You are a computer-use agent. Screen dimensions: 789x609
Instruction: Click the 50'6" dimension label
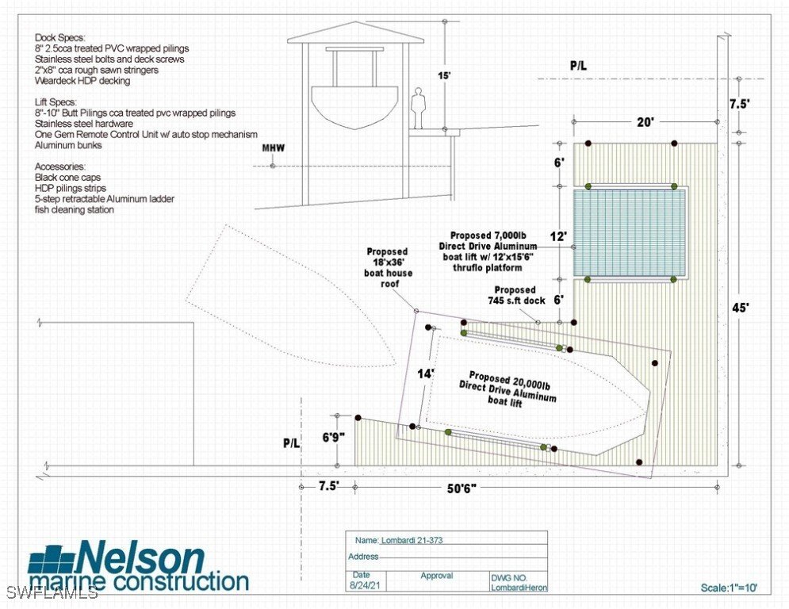pyautogui.click(x=462, y=488)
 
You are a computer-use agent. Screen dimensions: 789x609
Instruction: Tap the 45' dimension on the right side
pyautogui.click(x=740, y=308)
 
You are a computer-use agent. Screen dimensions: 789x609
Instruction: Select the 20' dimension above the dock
pyautogui.click(x=645, y=122)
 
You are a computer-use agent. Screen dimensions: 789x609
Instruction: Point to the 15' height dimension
pyautogui.click(x=444, y=76)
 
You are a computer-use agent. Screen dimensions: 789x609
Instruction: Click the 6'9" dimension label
pyautogui.click(x=334, y=438)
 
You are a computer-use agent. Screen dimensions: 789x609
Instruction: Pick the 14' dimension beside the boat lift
pyautogui.click(x=426, y=373)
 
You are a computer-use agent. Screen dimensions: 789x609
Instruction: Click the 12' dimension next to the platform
pyautogui.click(x=558, y=236)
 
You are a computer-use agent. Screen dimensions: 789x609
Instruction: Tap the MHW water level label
pyautogui.click(x=274, y=148)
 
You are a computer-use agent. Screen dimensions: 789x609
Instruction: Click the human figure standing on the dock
pyautogui.click(x=416, y=108)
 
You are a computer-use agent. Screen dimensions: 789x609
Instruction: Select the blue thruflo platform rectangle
pyautogui.click(x=630, y=232)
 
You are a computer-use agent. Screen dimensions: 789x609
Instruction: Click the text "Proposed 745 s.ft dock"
pyautogui.click(x=516, y=296)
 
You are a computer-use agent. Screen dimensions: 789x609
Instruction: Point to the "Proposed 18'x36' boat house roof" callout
pyautogui.click(x=389, y=267)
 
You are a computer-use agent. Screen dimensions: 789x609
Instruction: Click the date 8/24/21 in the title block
pyautogui.click(x=362, y=586)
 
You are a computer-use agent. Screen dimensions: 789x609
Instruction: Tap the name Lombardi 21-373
pyautogui.click(x=412, y=541)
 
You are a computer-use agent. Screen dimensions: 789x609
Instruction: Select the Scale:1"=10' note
pyautogui.click(x=729, y=588)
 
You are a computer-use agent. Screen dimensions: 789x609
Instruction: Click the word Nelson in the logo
pyautogui.click(x=141, y=557)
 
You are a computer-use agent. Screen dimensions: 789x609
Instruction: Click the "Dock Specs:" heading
pyautogui.click(x=60, y=38)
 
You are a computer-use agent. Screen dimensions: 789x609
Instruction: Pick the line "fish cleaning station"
pyautogui.click(x=75, y=210)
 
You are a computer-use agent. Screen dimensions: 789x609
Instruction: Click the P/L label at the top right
pyautogui.click(x=578, y=66)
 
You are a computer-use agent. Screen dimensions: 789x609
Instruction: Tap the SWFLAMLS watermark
pyautogui.click(x=49, y=592)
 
